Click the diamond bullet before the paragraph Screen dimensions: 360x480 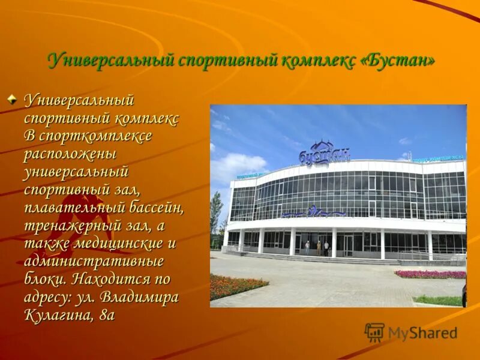pos(12,99)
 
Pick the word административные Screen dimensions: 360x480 pos(94,262)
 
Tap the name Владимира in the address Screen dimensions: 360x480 pos(139,297)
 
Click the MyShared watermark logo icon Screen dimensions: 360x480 pos(374,332)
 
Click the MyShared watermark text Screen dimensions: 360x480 pos(422,333)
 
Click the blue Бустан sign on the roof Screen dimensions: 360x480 pos(324,154)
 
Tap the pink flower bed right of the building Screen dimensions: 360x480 pos(430,274)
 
